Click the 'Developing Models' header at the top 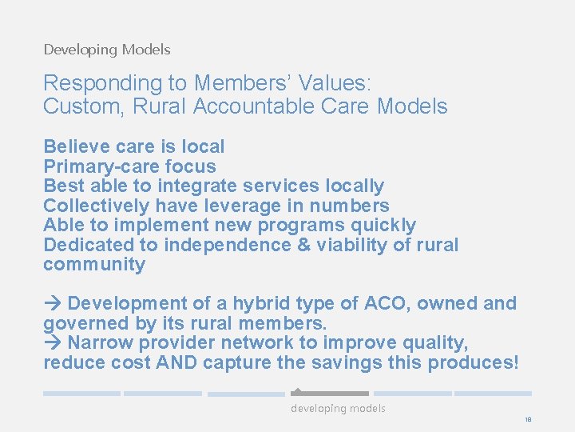pyautogui.click(x=107, y=50)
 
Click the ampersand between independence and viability pyautogui.click(x=303, y=245)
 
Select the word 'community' pyautogui.click(x=94, y=264)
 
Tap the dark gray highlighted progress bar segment pyautogui.click(x=329, y=394)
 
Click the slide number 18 pyautogui.click(x=528, y=419)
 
